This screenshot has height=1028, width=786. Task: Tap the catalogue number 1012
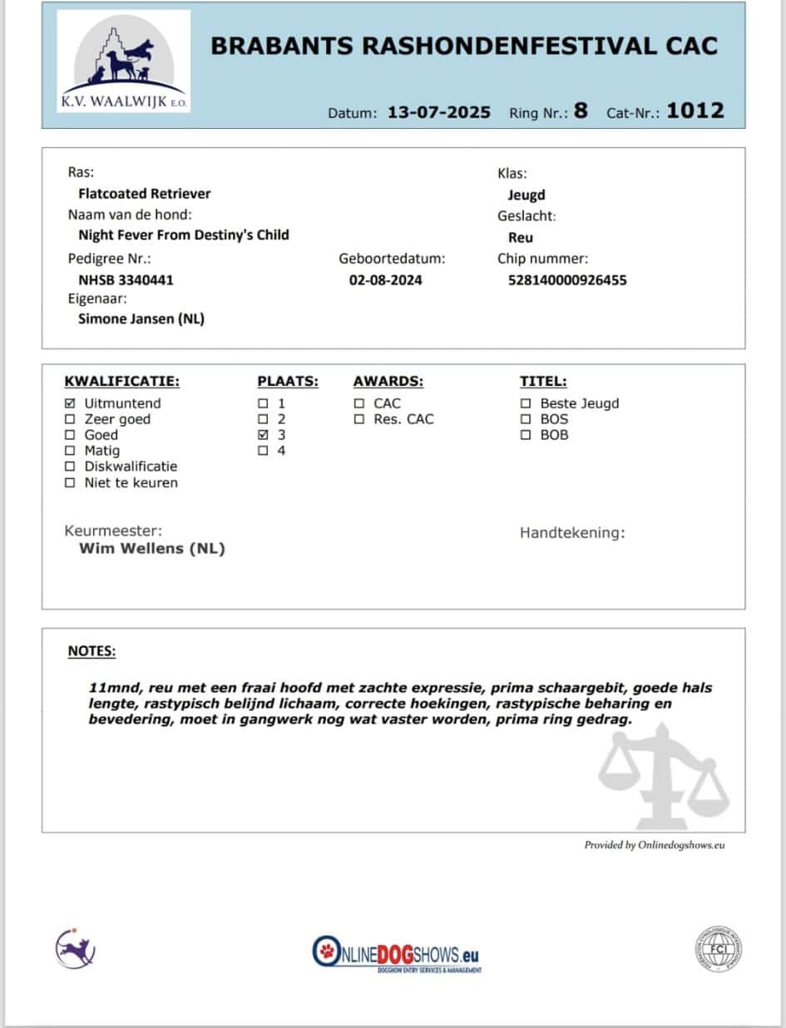click(695, 111)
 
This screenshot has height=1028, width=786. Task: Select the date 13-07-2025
click(439, 112)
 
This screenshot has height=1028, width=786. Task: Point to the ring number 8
click(581, 111)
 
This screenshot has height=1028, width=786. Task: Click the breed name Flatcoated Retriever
click(145, 194)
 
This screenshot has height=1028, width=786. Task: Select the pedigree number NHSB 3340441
click(126, 280)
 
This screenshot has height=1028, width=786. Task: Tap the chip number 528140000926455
click(567, 280)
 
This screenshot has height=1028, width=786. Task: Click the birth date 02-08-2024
click(385, 280)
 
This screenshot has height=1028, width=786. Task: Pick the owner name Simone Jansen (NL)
click(141, 319)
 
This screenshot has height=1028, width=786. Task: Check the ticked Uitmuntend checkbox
click(70, 403)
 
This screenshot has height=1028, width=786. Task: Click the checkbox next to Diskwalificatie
click(70, 467)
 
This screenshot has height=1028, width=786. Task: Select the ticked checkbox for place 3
click(264, 435)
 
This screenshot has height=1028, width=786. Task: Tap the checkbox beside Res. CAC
click(359, 419)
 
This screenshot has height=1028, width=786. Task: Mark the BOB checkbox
click(526, 435)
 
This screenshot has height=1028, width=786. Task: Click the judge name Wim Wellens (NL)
click(152, 549)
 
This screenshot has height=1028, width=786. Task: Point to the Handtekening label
click(572, 533)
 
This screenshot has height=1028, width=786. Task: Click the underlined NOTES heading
click(91, 651)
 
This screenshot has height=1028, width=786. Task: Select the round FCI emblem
click(719, 949)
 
